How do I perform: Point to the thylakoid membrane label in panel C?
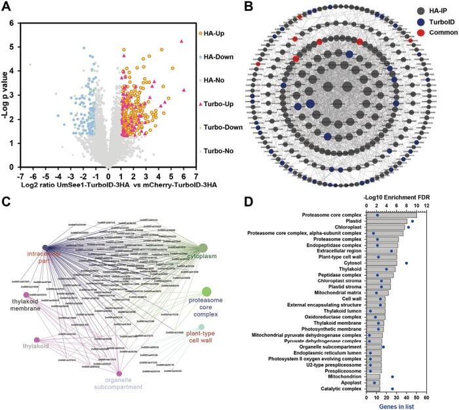27,305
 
